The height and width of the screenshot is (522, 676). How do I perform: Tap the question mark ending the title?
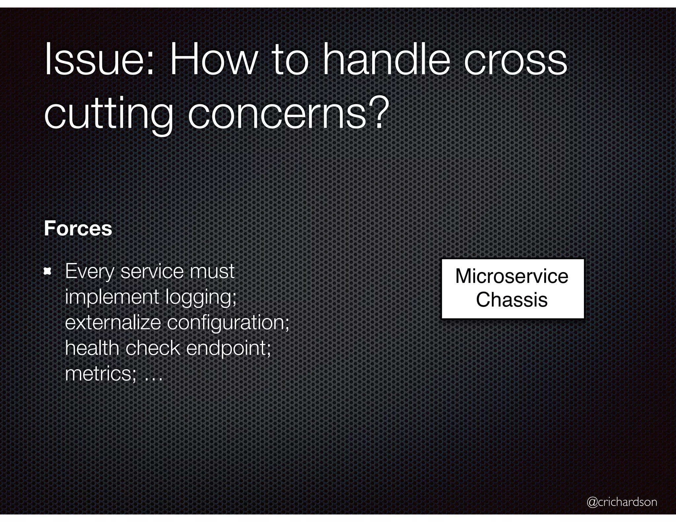tap(378, 112)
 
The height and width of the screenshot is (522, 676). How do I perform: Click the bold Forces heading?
tap(78, 228)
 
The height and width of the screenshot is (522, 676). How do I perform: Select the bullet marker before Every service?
tap(48, 272)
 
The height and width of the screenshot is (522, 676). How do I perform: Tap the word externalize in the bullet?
tap(113, 322)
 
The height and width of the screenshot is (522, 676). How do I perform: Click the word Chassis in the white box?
tap(512, 300)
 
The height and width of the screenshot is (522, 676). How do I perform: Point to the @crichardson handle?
tap(622, 502)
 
